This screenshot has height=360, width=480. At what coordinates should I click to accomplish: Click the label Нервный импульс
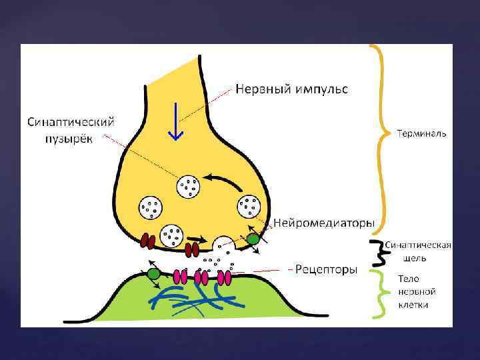291,89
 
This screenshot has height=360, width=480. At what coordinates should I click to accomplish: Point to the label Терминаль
422,133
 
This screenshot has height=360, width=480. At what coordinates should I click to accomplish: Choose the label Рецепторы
327,269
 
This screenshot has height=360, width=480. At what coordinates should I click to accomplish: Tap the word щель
413,257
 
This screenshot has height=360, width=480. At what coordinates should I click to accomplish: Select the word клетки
414,305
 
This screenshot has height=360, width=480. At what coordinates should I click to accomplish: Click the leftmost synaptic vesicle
151,207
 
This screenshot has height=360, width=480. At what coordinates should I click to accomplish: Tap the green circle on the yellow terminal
253,239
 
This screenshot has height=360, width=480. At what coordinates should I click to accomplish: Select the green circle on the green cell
153,273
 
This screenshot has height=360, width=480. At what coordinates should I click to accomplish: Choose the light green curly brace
379,291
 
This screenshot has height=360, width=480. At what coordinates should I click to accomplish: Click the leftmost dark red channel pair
148,239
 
